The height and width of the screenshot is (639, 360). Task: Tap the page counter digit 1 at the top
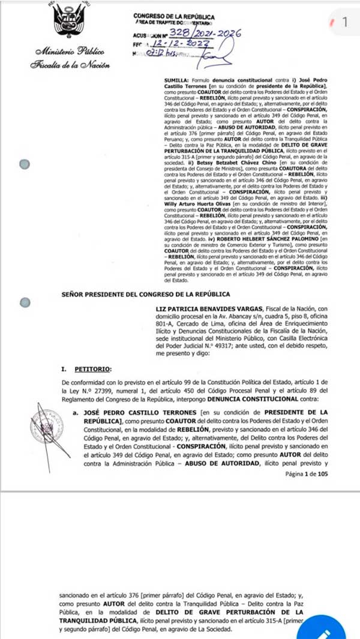344,22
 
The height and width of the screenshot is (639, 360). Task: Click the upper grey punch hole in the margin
25,164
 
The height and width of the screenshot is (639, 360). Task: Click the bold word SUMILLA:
178,80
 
